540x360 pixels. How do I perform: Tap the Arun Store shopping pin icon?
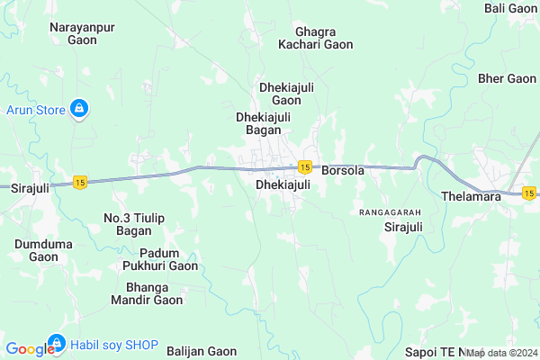click(x=80, y=109)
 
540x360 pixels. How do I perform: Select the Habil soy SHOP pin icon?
click(x=56, y=343)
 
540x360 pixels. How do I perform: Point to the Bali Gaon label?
click(x=510, y=8)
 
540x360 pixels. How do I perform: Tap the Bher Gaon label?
click(x=508, y=78)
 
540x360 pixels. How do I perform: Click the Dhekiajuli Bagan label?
click(x=264, y=123)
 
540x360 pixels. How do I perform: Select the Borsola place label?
click(x=343, y=170)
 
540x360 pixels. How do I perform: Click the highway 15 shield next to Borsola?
click(x=305, y=167)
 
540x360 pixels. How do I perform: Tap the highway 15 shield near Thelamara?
click(x=529, y=193)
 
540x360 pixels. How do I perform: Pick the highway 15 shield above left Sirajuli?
click(x=81, y=182)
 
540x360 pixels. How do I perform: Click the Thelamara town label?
click(x=472, y=196)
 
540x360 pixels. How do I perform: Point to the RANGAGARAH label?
click(x=390, y=212)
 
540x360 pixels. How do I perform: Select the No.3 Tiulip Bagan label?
click(x=127, y=224)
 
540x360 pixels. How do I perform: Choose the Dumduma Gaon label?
click(x=43, y=250)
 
